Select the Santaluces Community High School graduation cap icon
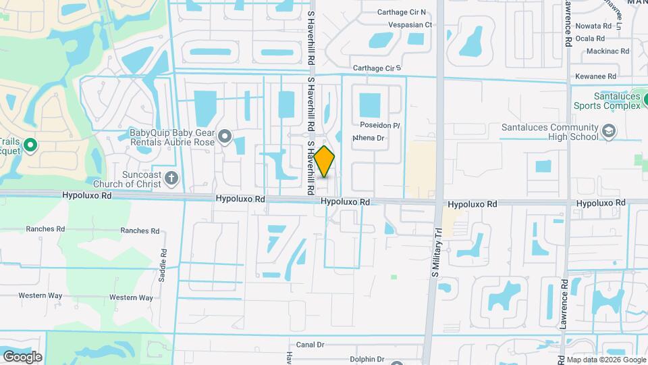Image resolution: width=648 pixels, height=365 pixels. point(609,131)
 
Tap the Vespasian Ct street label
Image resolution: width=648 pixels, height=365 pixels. point(410,24)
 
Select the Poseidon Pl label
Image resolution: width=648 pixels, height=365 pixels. point(380,126)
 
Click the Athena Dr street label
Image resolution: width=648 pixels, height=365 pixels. point(369,138)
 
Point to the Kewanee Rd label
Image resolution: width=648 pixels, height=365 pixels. point(595,77)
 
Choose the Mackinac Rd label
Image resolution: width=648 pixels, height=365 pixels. point(607,51)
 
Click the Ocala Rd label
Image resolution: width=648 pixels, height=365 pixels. point(594,39)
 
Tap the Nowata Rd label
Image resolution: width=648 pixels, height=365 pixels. point(593,26)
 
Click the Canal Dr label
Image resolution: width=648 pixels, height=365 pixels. point(310,345)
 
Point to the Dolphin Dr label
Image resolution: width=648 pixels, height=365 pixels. point(367,360)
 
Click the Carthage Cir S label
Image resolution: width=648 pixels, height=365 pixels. point(377,68)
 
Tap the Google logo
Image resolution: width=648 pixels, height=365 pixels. point(22,356)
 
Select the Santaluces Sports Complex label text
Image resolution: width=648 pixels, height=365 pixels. point(607,101)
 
